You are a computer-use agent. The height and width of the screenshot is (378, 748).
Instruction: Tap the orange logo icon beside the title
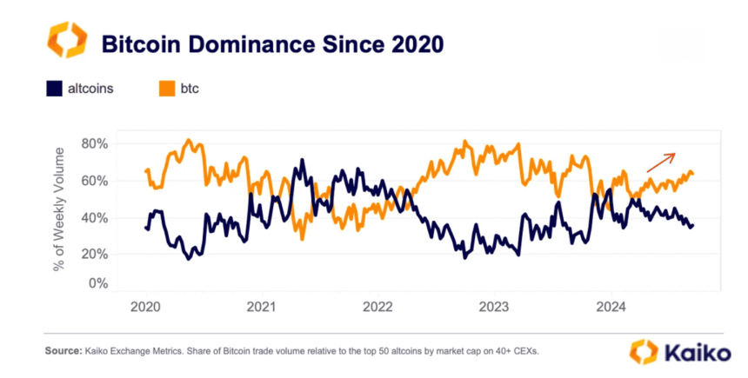point(67,42)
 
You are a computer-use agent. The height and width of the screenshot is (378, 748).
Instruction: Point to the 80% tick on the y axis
point(95,143)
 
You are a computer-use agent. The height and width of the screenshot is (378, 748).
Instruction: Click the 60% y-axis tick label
point(95,181)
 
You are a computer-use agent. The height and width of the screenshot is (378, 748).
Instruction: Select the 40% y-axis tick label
point(95,217)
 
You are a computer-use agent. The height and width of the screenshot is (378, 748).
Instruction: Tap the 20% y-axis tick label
point(95,254)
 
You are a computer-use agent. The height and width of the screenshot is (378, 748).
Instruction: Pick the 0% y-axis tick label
point(98,283)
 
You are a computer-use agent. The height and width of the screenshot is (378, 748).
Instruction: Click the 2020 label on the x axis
point(145,307)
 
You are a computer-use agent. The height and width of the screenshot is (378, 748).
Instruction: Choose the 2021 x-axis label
point(262,307)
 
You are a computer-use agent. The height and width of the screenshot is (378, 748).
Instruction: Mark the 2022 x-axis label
point(378,307)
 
